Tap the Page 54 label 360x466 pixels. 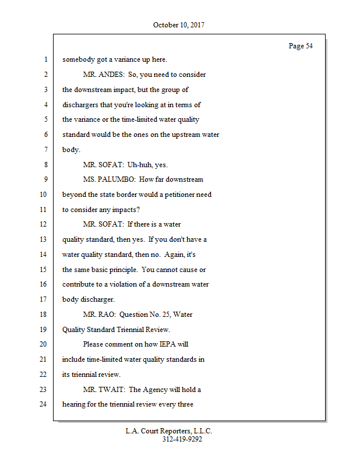(301, 46)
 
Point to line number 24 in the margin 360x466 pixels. (43, 404)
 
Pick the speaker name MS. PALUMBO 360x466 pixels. (109, 179)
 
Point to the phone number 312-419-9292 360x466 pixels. (182, 439)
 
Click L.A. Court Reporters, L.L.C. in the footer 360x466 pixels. (169, 431)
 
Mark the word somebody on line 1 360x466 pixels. (79, 59)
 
